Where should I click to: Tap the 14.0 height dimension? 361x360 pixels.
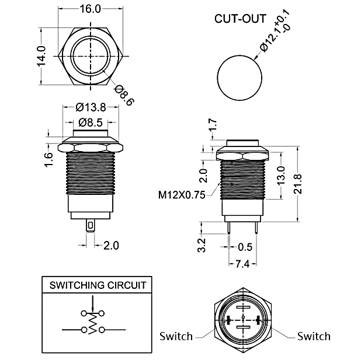point(41,57)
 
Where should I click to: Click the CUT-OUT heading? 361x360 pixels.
point(241,18)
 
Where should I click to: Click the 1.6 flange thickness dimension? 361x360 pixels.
point(48,158)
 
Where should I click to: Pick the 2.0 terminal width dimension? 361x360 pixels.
point(110,245)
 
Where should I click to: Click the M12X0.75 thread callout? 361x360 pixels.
point(181,195)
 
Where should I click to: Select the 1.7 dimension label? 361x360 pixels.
point(213,125)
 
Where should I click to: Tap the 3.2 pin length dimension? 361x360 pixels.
point(202,244)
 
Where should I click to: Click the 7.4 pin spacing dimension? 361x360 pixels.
point(242,264)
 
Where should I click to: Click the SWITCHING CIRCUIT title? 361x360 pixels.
point(98,285)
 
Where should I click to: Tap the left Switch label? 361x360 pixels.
point(176,336)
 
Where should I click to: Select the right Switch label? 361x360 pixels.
point(314,336)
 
